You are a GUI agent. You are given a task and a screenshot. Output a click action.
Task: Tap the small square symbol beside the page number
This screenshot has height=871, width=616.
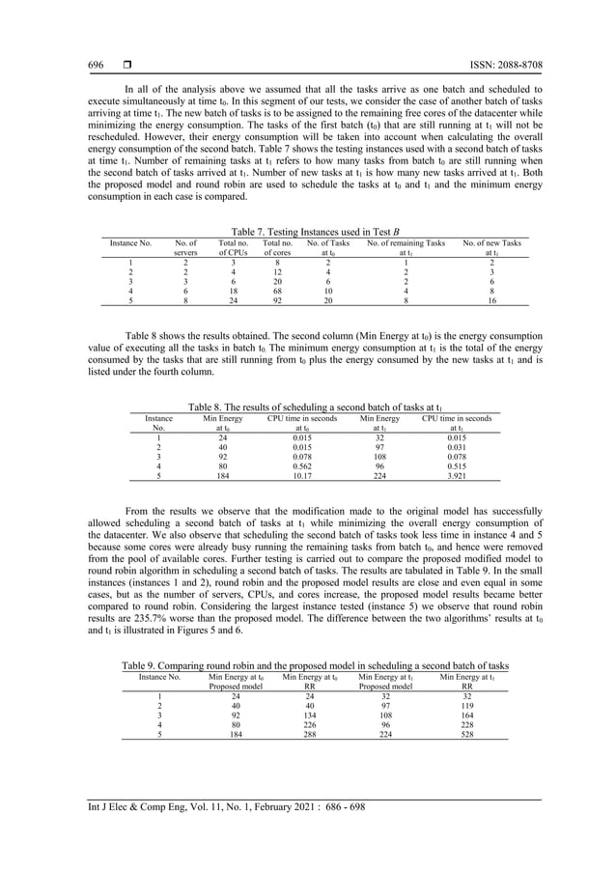[126, 66]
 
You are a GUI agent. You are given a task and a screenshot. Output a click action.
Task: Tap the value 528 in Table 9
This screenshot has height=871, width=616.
[466, 734]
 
